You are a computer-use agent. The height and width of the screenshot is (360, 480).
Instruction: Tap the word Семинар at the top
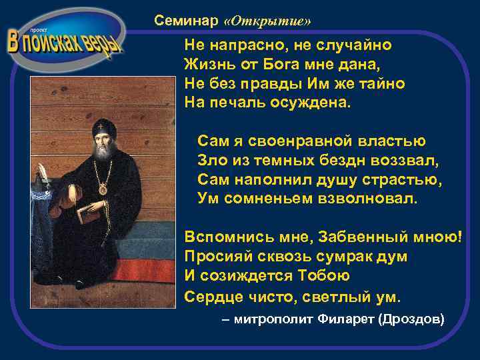186,21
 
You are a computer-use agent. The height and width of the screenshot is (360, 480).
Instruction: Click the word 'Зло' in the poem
210,161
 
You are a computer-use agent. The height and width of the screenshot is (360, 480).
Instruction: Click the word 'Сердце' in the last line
209,295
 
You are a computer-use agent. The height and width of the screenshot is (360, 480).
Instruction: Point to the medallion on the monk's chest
103,189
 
